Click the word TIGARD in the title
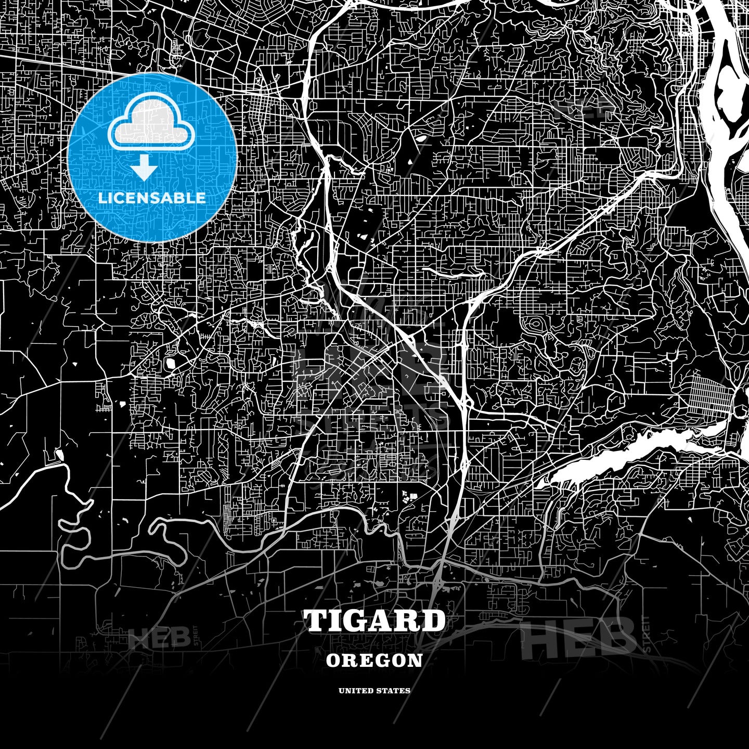point(374,621)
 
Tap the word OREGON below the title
point(374,661)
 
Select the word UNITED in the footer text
point(357,691)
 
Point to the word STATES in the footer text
point(394,691)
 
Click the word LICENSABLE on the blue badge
point(152,198)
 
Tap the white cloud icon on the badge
point(151,122)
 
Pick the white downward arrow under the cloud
point(144,166)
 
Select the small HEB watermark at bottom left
point(159,637)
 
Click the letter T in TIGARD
point(317,621)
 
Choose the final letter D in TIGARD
point(431,621)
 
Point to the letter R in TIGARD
point(408,621)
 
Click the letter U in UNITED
point(341,691)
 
